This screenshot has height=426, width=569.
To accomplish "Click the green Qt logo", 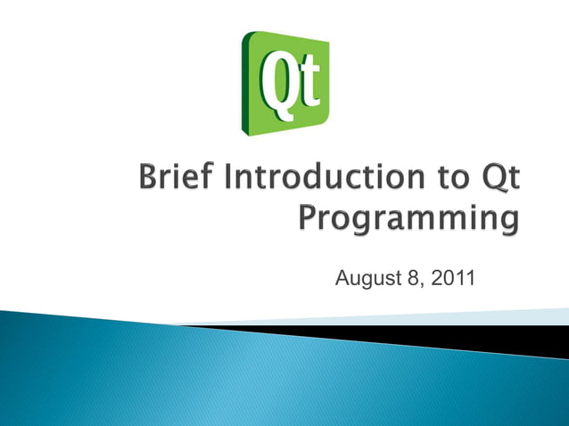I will click(x=284, y=83).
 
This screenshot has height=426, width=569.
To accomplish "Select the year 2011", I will click(x=453, y=283).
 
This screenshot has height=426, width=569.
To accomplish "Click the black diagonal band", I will click(x=446, y=337).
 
